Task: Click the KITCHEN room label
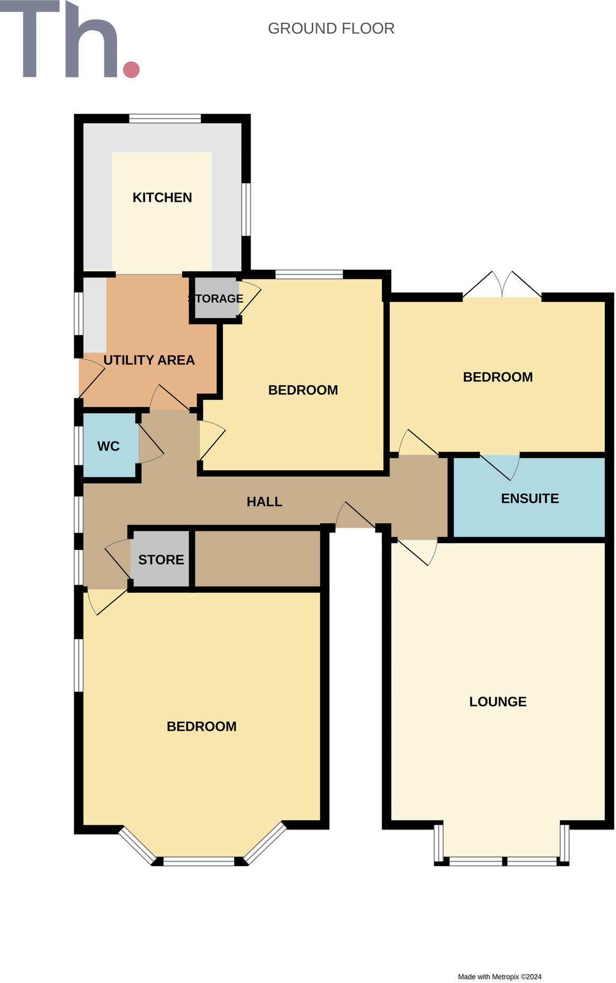[162, 198]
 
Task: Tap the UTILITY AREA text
[149, 360]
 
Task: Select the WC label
[108, 446]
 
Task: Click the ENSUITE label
[529, 498]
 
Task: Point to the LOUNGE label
[498, 701]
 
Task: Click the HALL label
[264, 502]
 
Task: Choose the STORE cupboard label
[161, 560]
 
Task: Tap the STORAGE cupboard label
[216, 299]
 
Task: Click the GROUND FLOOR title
[331, 28]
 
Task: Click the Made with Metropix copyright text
[499, 977]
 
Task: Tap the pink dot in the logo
[131, 70]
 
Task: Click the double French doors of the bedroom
[502, 287]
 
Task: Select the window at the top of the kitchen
[165, 118]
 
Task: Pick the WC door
[150, 441]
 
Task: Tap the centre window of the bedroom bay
[199, 861]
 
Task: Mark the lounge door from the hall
[417, 552]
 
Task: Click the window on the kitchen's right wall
[246, 209]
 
